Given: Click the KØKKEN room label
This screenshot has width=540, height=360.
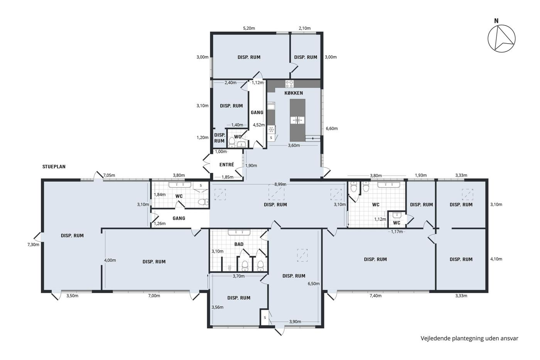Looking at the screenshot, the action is click(294, 93).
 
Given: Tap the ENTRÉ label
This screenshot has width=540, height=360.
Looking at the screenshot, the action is click(227, 165).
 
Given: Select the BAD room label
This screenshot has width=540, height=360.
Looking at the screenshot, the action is click(239, 244).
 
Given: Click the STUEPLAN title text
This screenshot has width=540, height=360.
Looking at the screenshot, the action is click(54, 167).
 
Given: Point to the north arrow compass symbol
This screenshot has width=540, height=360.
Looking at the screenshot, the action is click(501, 39).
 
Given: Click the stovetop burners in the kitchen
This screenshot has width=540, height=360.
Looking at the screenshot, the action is click(290, 84).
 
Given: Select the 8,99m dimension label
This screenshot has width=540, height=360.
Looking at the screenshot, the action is click(280, 184).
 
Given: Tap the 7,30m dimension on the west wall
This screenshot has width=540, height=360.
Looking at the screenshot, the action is click(33, 245).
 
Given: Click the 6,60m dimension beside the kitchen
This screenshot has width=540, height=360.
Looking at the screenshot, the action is click(332, 128).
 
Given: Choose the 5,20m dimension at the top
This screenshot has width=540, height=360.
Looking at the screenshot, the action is click(249, 28).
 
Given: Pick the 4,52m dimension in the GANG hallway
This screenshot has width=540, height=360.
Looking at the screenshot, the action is click(259, 125).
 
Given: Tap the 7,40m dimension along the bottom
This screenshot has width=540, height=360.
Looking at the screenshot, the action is click(376, 296).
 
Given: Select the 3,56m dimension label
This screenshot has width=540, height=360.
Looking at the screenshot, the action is click(218, 307).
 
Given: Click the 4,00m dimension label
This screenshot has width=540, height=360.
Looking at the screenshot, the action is click(110, 260).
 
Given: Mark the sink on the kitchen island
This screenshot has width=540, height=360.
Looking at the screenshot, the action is click(297, 120).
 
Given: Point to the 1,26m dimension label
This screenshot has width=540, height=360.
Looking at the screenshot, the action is click(160, 223).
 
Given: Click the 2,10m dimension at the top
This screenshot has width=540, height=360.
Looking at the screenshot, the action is click(305, 28).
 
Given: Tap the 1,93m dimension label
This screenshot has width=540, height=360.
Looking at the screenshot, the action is click(421, 175).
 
